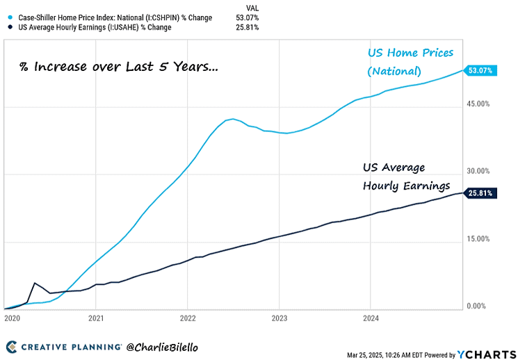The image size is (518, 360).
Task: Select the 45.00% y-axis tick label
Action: pyautogui.click(x=478, y=104)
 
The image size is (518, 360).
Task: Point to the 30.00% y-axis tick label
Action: pyautogui.click(x=478, y=171)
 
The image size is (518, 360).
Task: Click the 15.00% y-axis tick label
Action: pyautogui.click(x=478, y=238)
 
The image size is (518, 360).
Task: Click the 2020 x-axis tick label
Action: pyautogui.click(x=13, y=317)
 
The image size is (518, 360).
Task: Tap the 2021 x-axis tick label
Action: pyautogui.click(x=96, y=317)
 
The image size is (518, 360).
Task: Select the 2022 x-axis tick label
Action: pyautogui.click(x=187, y=317)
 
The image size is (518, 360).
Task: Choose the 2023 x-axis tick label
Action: pyautogui.click(x=279, y=317)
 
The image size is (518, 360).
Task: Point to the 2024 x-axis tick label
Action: pyautogui.click(x=370, y=317)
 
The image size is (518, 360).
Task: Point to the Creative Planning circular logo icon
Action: pyautogui.click(x=12, y=346)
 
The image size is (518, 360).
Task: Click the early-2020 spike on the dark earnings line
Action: pyautogui.click(x=35, y=283)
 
